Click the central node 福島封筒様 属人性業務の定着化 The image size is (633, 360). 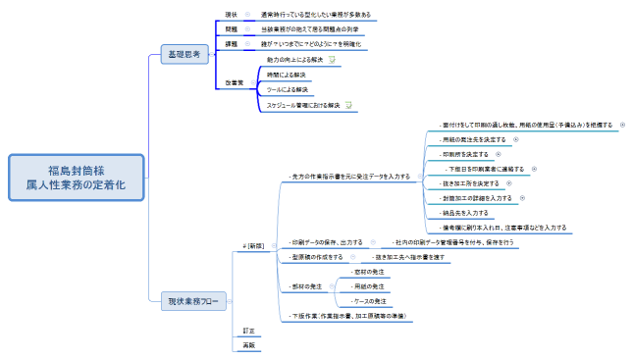tap(76, 178)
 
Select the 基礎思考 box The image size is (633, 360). tap(185, 55)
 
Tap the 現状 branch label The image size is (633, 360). tap(232, 16)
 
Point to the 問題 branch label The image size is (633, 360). tap(232, 30)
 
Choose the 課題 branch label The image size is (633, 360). tap(232, 45)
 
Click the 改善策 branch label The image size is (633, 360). tap(235, 82)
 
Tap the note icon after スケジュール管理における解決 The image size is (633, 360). tap(348, 105)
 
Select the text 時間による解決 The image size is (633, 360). tap(287, 75)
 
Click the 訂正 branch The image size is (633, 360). tap(248, 331)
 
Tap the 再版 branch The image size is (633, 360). tap(248, 345)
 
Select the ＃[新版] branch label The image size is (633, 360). tap(253, 245)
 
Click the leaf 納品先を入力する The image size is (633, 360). tap(465, 212)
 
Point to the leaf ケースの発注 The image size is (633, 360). tap(370, 301)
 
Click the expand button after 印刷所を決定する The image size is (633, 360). tap(498, 154)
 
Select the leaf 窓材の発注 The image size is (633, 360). tap(370, 271)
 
